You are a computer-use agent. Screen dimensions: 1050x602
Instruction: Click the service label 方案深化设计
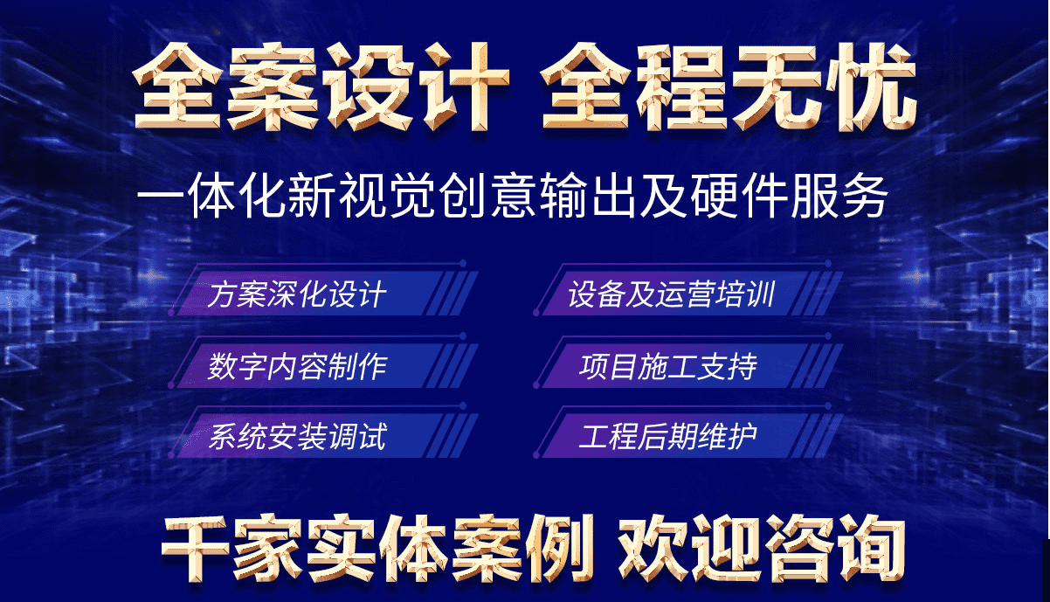[x=297, y=294]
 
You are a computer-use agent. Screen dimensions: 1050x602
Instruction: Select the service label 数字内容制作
[x=298, y=366]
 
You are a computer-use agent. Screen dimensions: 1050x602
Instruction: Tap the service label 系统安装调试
[x=298, y=437]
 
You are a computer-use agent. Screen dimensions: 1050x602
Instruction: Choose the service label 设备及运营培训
[x=671, y=294]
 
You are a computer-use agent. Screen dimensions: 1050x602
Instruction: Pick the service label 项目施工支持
[x=668, y=366]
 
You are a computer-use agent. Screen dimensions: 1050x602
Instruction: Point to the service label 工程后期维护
[x=668, y=437]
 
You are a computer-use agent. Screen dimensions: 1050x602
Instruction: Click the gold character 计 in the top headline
[x=464, y=86]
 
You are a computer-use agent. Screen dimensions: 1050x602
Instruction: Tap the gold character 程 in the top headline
[x=683, y=87]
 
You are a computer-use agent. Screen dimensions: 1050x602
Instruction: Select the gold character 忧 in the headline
[x=872, y=87]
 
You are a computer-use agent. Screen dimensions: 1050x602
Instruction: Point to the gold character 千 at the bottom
[x=196, y=549]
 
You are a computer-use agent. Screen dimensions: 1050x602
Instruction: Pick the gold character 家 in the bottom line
[x=268, y=549]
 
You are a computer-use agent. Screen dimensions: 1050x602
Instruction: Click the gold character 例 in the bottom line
[x=559, y=549]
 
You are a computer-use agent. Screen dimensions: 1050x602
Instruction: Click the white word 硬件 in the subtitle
[x=738, y=196]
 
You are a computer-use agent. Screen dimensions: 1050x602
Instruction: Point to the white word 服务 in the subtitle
[x=839, y=196]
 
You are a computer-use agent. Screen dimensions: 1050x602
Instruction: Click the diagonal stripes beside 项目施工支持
[x=817, y=366]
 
